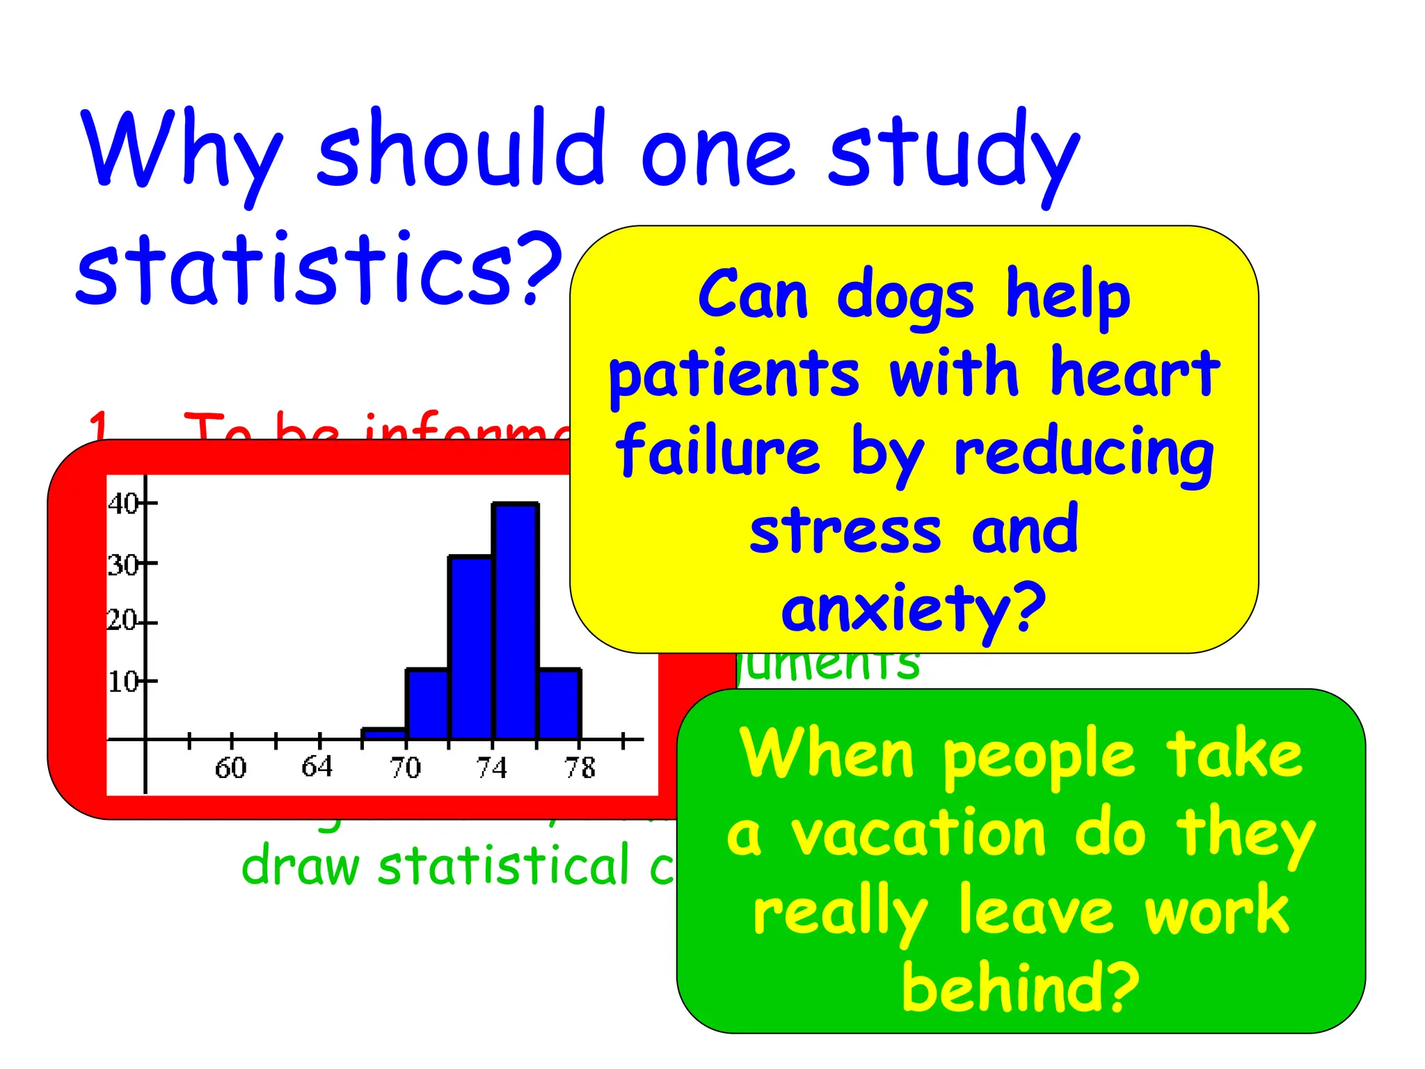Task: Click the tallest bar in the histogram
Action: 515,619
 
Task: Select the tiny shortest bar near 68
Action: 383,733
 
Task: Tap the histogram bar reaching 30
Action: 471,647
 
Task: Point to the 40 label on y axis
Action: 122,503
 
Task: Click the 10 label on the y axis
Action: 122,681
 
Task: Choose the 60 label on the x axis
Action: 230,768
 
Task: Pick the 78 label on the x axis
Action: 580,768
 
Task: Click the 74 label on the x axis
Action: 492,768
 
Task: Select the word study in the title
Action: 953,150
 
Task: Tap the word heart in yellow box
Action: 1135,374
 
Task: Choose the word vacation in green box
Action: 918,834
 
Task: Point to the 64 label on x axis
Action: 317,766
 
